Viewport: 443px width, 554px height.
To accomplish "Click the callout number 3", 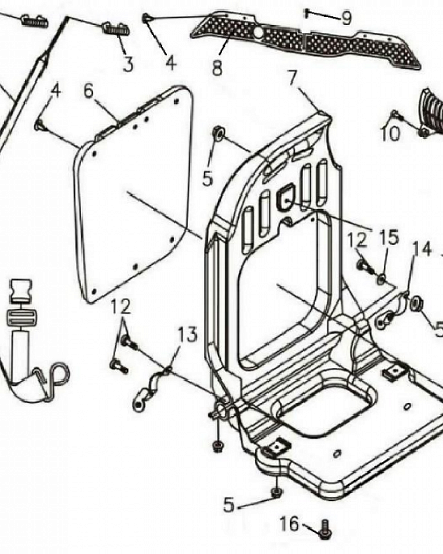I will [x=128, y=65].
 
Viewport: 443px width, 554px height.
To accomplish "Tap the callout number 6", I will [x=89, y=90].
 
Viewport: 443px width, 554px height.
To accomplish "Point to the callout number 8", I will [x=217, y=68].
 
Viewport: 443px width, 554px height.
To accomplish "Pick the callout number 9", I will [x=346, y=19].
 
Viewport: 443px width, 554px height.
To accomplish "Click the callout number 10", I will [x=390, y=134].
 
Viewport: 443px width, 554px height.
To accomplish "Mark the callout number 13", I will [x=187, y=335].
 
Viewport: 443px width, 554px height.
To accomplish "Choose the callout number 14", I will [x=423, y=249].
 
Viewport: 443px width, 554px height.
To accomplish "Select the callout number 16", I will [x=290, y=523].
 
